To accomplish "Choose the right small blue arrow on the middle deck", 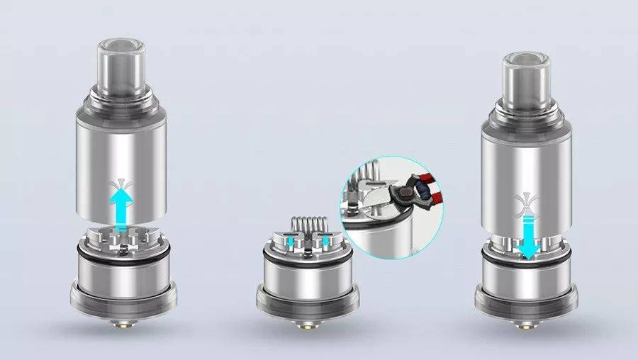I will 324,241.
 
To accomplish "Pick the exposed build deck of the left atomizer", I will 121,237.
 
